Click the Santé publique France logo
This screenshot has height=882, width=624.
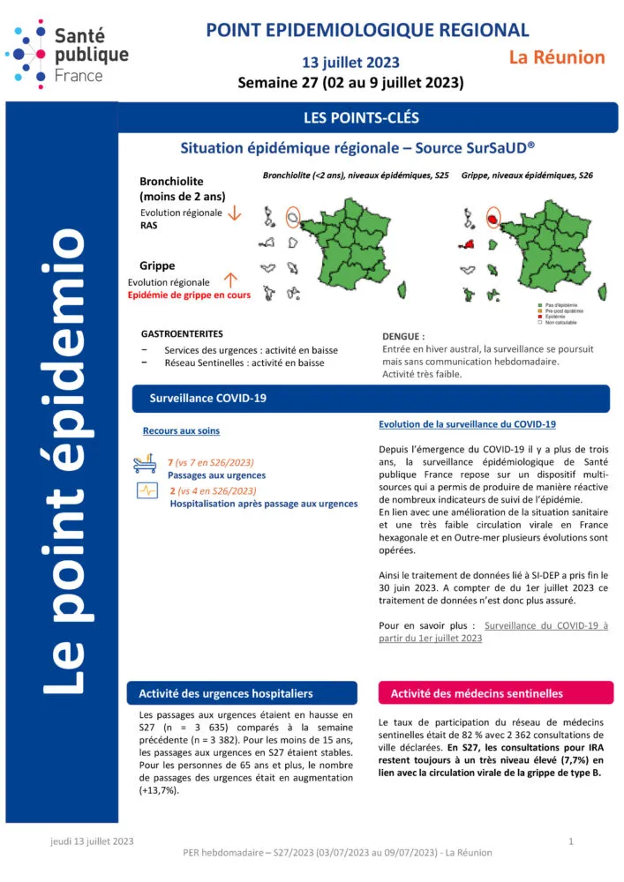66,52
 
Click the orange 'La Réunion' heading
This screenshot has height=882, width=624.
557,57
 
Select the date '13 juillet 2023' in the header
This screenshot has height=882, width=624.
350,63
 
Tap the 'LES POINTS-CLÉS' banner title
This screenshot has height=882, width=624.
361,117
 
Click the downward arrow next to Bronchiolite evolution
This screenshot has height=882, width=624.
234,213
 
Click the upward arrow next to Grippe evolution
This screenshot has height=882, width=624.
231,280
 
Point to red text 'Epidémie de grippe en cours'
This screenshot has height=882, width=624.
189,295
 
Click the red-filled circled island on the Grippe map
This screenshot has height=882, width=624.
492,217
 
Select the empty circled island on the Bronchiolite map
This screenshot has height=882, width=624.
294,216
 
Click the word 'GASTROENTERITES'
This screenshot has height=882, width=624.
182,334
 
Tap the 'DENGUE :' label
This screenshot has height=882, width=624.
403,336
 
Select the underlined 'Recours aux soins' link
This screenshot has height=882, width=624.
181,431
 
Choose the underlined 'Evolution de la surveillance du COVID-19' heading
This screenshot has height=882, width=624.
467,425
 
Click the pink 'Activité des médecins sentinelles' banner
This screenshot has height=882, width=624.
476,693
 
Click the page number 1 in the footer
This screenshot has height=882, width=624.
571,841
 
